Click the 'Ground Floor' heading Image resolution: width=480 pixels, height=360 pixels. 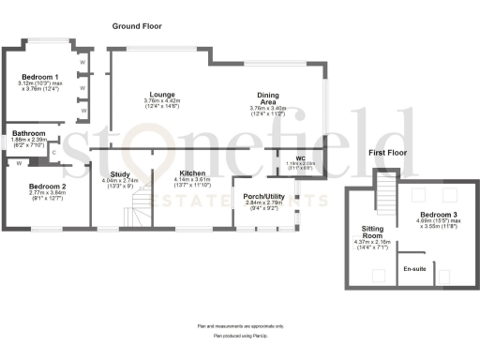tap(138, 25)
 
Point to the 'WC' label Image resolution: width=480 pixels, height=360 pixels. tap(301, 157)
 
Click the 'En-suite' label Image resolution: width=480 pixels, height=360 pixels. tap(414, 269)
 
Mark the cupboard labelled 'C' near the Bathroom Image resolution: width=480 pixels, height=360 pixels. tap(53, 153)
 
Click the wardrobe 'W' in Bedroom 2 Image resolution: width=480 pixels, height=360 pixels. tap(18, 164)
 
